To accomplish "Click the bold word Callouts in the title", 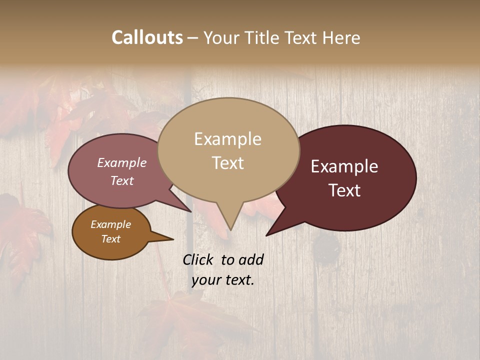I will [x=147, y=37].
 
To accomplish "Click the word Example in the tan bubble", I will [x=227, y=139].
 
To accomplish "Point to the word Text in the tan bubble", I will [x=227, y=163].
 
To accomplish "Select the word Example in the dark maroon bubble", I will [x=344, y=166].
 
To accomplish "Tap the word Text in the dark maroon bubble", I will [x=344, y=190].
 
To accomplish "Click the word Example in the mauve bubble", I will [x=122, y=162].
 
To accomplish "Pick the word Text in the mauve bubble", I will [x=122, y=180].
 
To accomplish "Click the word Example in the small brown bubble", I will [x=110, y=224].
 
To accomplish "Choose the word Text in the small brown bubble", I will [x=110, y=239].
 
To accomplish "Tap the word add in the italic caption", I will [x=250, y=259].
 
